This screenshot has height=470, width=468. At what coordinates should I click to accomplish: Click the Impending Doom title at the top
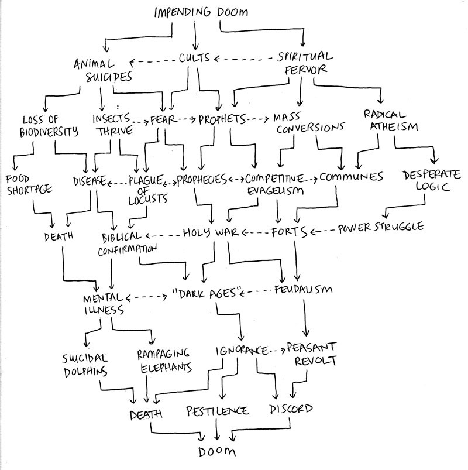click(201, 12)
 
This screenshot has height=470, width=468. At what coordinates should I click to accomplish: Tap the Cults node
click(194, 57)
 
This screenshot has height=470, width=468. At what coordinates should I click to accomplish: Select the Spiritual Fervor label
click(305, 63)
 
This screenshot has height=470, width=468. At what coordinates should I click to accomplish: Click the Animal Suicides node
click(104, 70)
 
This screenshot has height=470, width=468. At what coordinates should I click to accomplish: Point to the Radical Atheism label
click(391, 121)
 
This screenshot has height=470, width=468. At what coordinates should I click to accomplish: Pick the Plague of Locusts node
click(146, 190)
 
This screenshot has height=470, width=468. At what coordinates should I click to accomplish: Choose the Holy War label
click(211, 232)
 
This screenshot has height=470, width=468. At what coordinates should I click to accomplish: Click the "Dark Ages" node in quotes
click(207, 293)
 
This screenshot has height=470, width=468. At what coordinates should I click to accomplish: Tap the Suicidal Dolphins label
click(85, 365)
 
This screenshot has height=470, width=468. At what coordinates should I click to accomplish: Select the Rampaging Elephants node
click(164, 361)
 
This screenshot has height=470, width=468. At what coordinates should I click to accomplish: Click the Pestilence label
click(218, 411)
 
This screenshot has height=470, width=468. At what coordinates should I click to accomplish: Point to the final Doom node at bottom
click(217, 451)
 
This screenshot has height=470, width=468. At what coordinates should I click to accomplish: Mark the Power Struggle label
click(381, 228)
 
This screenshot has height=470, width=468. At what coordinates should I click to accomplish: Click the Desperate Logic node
click(432, 180)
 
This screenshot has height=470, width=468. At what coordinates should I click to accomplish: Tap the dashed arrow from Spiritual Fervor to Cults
click(243, 59)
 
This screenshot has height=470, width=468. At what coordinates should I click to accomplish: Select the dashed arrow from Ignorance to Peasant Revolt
click(277, 350)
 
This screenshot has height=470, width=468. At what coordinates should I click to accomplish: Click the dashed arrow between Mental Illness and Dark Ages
click(146, 298)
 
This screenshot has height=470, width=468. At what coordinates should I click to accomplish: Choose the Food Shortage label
click(29, 185)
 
